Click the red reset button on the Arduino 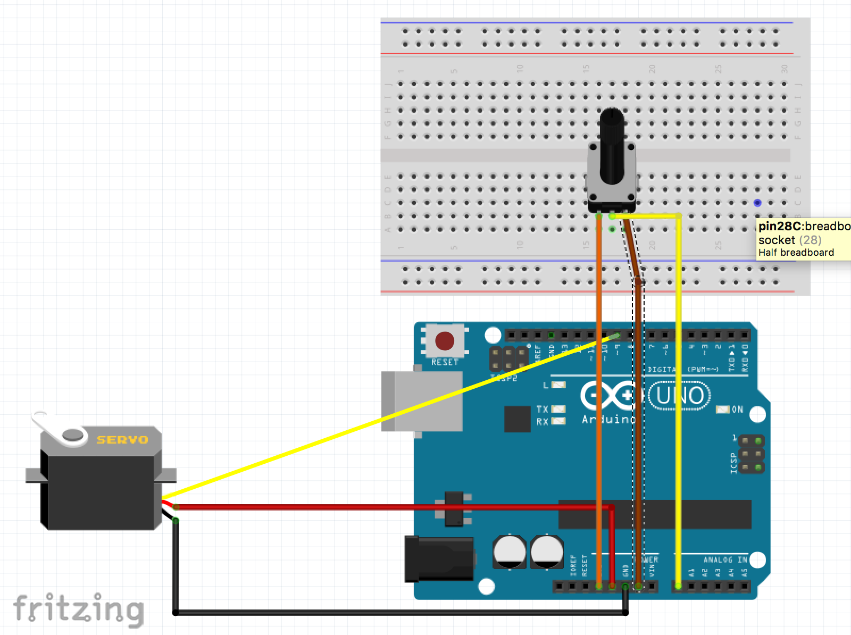pos(445,341)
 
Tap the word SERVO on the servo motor pos(122,440)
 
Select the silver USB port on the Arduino pos(422,401)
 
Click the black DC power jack pos(439,558)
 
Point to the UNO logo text pos(680,396)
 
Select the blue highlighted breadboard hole pos(757,203)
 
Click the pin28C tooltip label pos(803,239)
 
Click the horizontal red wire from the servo pos(372,507)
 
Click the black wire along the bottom pos(399,613)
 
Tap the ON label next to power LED pos(737,410)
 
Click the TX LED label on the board pos(542,409)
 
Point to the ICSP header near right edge pos(751,454)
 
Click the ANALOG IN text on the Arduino pos(724,559)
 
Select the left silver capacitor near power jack pos(510,552)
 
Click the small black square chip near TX pos(517,419)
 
